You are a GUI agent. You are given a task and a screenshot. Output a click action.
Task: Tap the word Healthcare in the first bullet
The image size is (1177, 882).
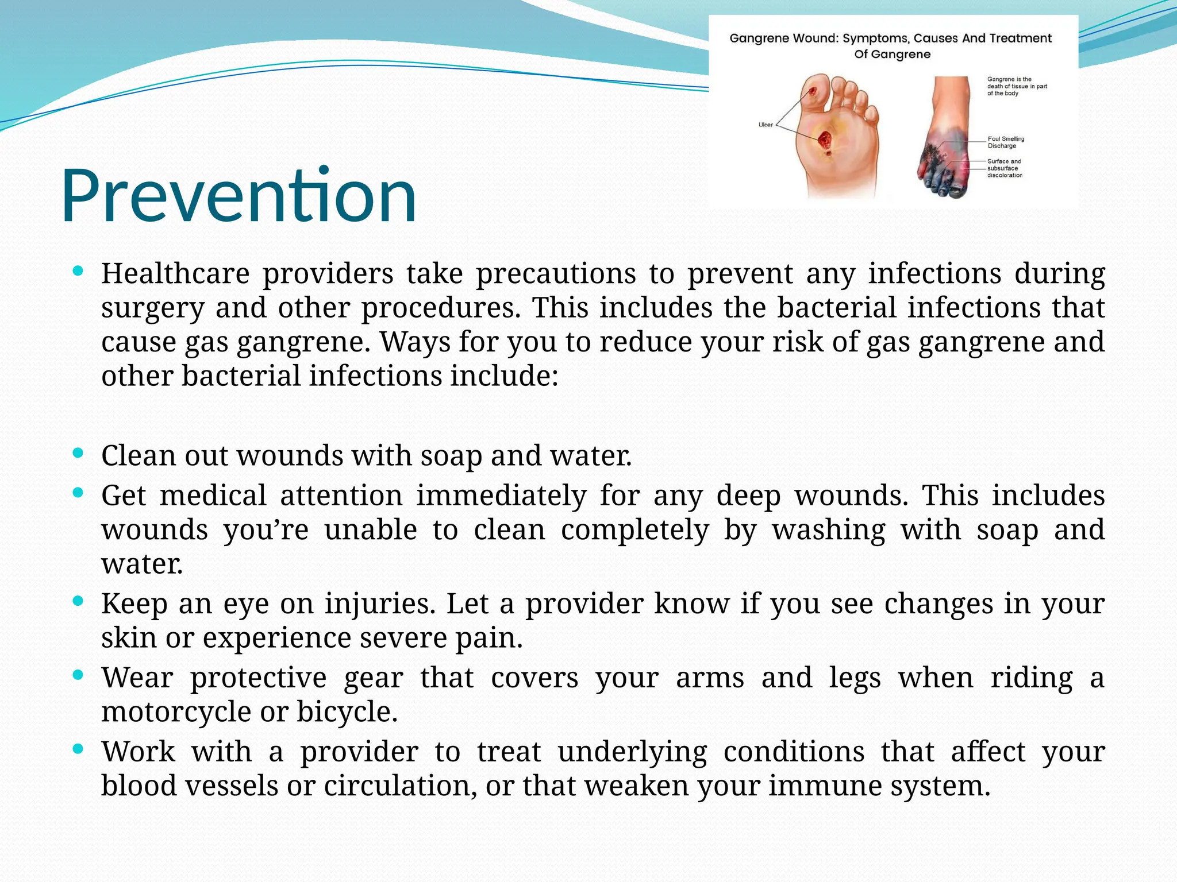tap(175, 273)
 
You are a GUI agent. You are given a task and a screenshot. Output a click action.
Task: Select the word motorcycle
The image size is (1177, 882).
tap(176, 712)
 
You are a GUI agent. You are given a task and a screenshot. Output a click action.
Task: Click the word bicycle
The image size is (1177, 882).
tap(347, 712)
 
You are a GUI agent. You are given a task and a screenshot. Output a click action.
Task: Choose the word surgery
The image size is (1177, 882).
tap(152, 308)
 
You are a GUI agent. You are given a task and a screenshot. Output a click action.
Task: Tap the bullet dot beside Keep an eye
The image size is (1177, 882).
tap(79, 602)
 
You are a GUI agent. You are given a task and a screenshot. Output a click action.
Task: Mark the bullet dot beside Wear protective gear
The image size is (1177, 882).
tap(79, 676)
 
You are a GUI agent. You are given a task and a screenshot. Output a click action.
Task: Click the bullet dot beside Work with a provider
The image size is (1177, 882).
tap(79, 749)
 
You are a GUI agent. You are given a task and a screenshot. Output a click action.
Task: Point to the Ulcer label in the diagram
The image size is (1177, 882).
tap(766, 125)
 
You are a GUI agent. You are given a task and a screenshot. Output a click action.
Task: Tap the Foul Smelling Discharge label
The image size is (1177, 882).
tap(1006, 142)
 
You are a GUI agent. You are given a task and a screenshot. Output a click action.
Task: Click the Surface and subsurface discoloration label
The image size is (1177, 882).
tap(1005, 168)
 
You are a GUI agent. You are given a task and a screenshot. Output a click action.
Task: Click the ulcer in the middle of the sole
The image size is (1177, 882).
tap(825, 140)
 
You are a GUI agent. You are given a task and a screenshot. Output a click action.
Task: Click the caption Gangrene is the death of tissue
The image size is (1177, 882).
tap(1017, 86)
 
